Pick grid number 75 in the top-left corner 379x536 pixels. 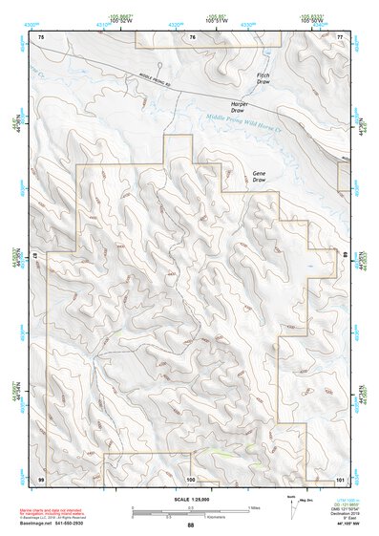[41, 36]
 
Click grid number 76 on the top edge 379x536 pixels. [192, 36]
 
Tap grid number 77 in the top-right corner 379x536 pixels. [339, 36]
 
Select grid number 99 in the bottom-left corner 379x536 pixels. [41, 478]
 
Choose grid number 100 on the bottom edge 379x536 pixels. [190, 478]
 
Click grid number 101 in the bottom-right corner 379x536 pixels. [339, 478]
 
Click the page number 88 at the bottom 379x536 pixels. [190, 525]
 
